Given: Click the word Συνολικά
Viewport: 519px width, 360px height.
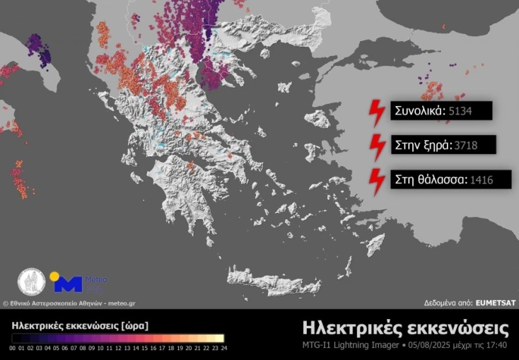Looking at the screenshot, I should (x=419, y=110).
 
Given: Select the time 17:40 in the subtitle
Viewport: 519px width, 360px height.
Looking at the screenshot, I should (x=496, y=345).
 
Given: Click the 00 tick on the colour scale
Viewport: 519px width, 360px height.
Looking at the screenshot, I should (x=13, y=348).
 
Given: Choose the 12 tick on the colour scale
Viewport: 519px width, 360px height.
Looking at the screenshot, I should (x=117, y=348).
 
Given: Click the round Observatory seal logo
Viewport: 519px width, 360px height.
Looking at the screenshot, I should (x=31, y=281).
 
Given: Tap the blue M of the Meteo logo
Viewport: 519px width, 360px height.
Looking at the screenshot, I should (x=69, y=284).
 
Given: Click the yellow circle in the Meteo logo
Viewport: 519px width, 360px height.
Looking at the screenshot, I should (x=54, y=276).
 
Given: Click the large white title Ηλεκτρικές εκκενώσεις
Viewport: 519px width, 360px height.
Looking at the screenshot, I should (x=405, y=328).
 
